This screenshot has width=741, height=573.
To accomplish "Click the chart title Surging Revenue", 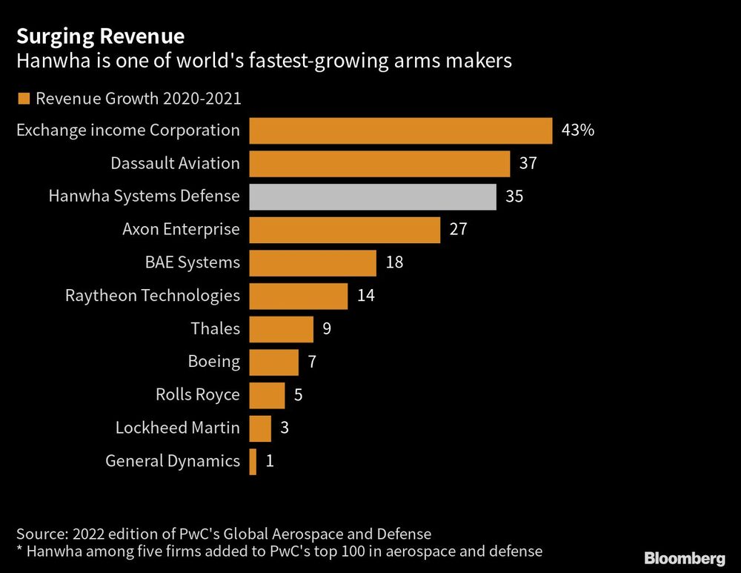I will (101, 36).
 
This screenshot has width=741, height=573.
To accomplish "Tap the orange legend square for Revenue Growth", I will (23, 99).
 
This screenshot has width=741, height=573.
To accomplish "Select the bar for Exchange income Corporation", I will (400, 130).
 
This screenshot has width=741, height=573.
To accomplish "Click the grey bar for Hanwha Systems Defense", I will (372, 196).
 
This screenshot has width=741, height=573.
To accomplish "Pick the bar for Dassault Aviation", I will (379, 164).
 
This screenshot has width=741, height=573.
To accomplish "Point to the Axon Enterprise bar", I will (345, 229).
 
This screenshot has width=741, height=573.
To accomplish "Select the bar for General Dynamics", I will (253, 461).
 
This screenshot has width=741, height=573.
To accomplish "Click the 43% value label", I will (578, 130).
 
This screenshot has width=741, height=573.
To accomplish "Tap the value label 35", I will (514, 196).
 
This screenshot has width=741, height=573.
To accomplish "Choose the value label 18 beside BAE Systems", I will (394, 262).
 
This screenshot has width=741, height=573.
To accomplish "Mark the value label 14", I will (365, 296).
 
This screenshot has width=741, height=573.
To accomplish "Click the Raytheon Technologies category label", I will (153, 296).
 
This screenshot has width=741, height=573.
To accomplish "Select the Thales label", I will (215, 328).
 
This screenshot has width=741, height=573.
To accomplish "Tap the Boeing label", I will (213, 362).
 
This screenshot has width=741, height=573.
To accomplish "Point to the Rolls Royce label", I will (197, 395).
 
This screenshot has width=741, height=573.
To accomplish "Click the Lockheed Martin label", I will (177, 428).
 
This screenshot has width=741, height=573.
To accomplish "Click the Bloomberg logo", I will (685, 557).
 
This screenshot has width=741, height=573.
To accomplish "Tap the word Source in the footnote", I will (39, 534).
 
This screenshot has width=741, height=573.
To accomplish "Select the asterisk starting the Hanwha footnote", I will (19, 550).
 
